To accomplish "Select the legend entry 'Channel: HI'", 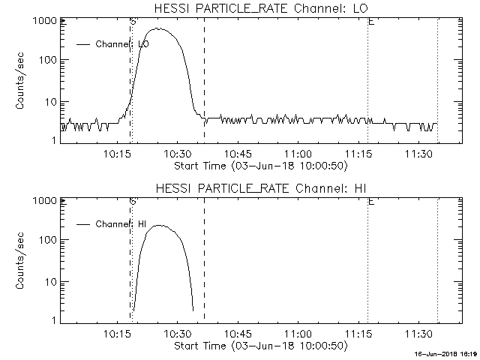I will pyautogui.click(x=121, y=223).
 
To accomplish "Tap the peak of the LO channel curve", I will pyautogui.click(x=159, y=28).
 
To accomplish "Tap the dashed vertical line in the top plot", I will pyautogui.click(x=204, y=75).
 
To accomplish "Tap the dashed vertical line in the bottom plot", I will pyautogui.click(x=204, y=255).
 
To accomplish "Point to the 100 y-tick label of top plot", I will pyautogui.click(x=47, y=60).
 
